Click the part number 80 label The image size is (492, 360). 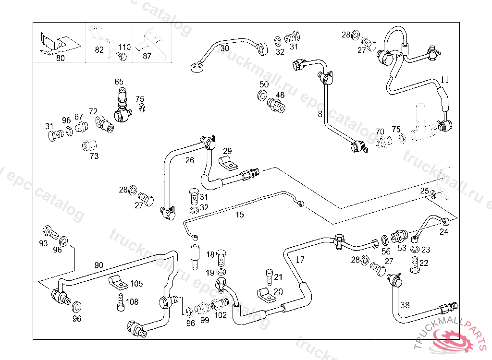[x=61, y=58]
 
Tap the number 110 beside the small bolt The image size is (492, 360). [x=124, y=48]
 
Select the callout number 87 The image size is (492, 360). [x=147, y=56]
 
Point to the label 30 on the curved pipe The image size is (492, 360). [x=225, y=48]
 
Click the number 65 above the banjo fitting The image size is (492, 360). [x=119, y=82]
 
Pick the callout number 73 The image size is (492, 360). [x=94, y=156]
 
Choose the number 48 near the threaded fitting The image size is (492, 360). [x=280, y=95]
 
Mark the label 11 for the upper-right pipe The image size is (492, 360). [x=445, y=80]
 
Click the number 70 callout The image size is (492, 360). [x=380, y=132]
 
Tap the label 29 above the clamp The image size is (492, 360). [x=227, y=151]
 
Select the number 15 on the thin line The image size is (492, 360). [x=240, y=215]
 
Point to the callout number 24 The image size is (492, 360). [x=443, y=232]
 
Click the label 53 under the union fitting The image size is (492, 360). [x=402, y=248]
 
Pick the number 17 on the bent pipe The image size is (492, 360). [x=300, y=261]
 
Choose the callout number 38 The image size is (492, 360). [x=406, y=305]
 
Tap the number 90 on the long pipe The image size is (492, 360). [x=98, y=265]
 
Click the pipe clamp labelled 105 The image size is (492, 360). [x=116, y=282]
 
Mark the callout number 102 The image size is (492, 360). [x=220, y=315]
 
